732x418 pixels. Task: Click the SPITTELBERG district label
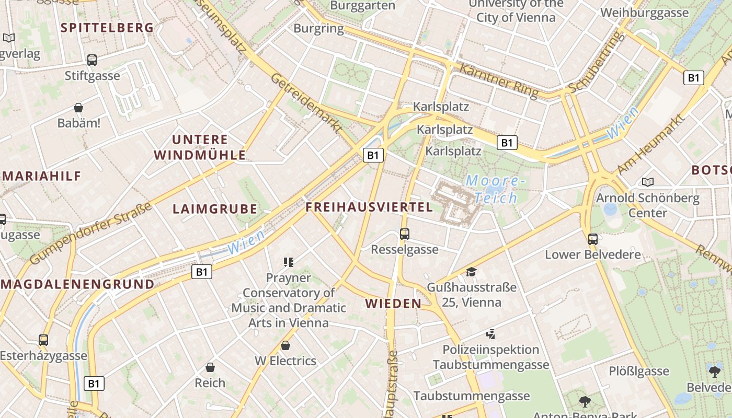pos(108,28)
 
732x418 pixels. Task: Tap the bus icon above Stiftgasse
pos(92,60)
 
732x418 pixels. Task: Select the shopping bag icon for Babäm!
pos(78,108)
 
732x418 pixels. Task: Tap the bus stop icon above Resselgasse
pos(404,234)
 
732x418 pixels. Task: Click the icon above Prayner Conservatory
pos(288,262)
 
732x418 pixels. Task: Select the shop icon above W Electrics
pos(285,345)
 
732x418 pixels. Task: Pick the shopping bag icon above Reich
pos(210,367)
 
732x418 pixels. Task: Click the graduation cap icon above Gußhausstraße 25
pos(471,272)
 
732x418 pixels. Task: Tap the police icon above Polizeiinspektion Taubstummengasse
pos(490,334)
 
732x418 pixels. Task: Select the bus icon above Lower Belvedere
pos(592,239)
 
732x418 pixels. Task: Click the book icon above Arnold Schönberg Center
pos(648,182)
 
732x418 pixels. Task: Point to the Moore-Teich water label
pos(495,189)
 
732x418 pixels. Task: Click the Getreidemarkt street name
pos(306,102)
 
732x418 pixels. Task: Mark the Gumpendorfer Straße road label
pos(91,233)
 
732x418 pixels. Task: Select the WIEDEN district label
pos(393,304)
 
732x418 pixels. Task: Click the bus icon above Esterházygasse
pos(43,340)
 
